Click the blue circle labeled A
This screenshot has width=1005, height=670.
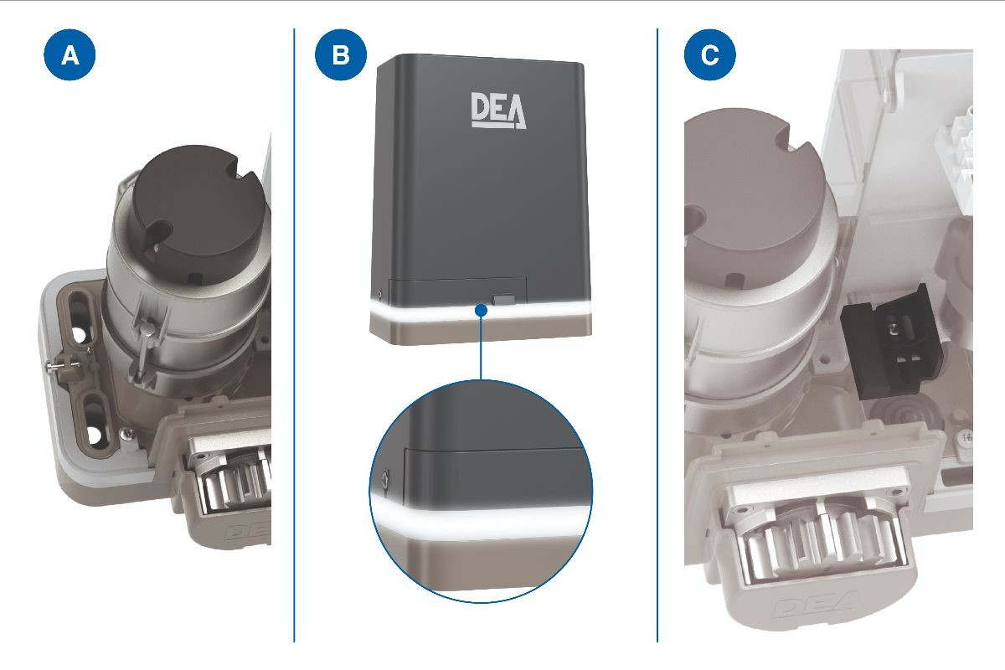(70, 55)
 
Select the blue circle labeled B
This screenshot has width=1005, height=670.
(341, 55)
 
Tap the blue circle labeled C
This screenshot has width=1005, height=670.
(710, 55)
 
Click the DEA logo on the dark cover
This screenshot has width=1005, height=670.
(498, 111)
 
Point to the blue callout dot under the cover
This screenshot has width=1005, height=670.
(481, 310)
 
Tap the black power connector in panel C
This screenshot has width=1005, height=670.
(890, 341)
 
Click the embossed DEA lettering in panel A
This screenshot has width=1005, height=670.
(247, 532)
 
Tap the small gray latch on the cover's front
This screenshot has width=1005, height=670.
(503, 299)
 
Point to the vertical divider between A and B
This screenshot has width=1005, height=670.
(294, 335)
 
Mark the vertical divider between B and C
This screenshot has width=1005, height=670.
(657, 335)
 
